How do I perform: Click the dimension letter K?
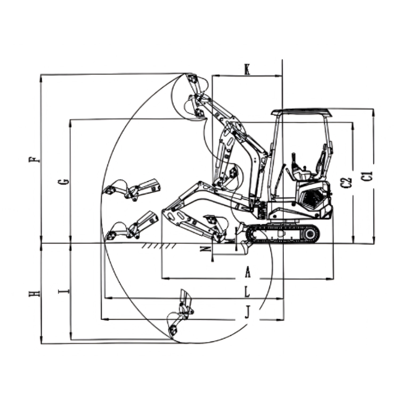click(x=247, y=69)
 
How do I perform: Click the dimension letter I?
click(x=63, y=291)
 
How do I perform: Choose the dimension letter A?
click(x=247, y=271)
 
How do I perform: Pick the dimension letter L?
click(x=247, y=292)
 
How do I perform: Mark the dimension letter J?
click(x=247, y=312)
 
